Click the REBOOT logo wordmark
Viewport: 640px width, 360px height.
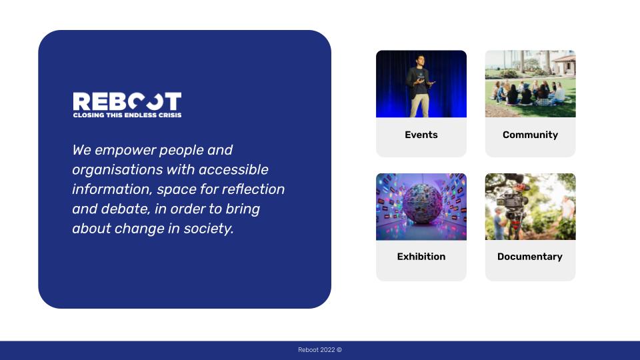pos(127,101)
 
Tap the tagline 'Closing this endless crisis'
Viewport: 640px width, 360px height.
pos(127,115)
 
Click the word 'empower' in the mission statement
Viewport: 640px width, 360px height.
pos(125,151)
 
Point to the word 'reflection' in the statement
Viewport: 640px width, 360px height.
pos(253,189)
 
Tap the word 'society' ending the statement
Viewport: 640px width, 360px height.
pos(208,229)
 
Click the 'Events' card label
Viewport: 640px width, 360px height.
pos(421,135)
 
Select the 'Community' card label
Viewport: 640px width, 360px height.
pos(530,135)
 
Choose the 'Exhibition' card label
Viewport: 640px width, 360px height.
pos(421,256)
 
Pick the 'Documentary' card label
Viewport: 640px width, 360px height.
pos(530,256)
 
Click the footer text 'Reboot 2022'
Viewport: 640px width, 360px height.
pos(316,350)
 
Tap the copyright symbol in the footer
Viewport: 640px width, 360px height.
pos(339,350)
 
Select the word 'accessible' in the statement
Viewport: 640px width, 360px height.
pos(233,169)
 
